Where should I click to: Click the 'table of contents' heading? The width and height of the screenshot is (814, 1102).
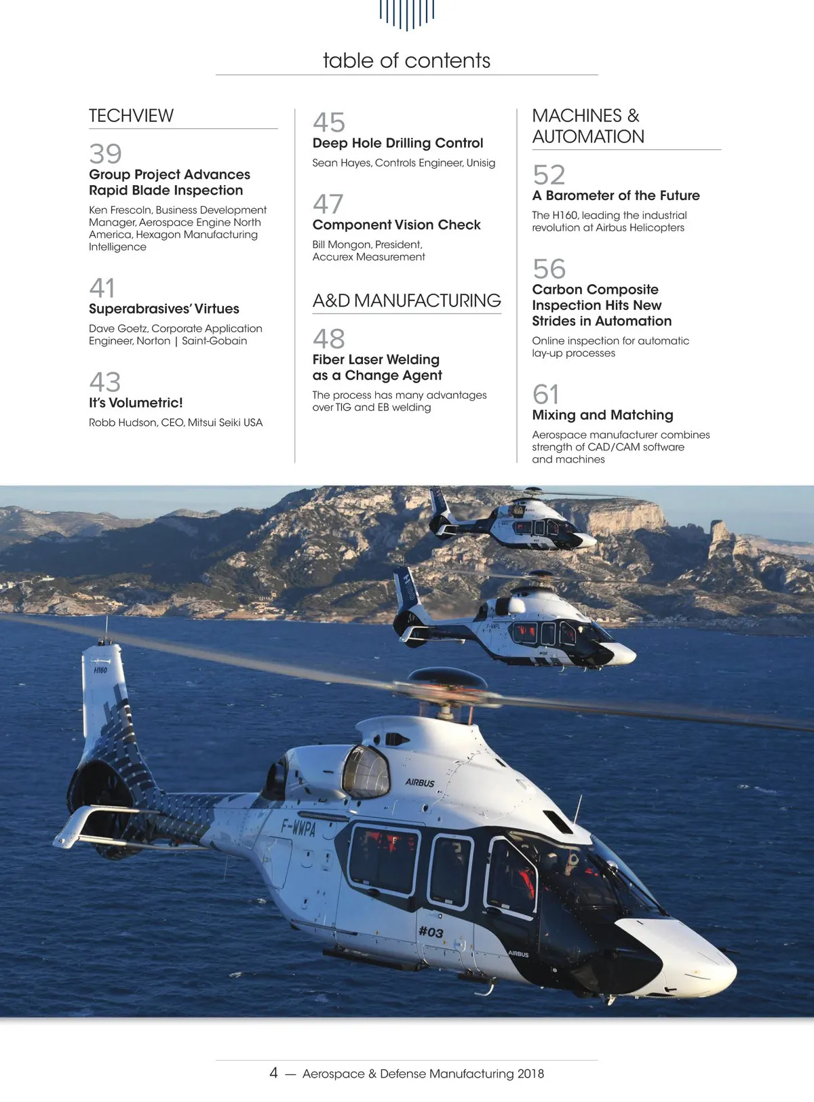[406, 60]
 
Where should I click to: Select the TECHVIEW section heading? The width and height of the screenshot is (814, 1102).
[131, 116]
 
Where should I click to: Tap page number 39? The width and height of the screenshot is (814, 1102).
[105, 154]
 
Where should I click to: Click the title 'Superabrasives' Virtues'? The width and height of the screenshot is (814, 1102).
[163, 309]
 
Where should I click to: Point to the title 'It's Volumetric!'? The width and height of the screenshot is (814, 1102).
[136, 402]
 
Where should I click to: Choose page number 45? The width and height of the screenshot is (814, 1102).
[329, 123]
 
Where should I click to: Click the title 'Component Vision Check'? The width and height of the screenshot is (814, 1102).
[396, 224]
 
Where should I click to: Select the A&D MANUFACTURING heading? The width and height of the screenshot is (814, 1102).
[406, 300]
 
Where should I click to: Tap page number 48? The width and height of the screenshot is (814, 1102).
[329, 338]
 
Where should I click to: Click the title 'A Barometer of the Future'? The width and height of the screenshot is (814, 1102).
[615, 195]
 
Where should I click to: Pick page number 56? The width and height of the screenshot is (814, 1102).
[549, 269]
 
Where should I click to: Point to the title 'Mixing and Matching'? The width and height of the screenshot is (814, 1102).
[602, 414]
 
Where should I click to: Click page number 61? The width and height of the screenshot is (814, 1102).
[546, 394]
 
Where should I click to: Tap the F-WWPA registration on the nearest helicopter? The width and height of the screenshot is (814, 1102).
[298, 827]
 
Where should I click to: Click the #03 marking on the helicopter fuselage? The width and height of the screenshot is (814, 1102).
[431, 932]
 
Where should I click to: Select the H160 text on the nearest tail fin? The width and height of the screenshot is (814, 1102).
[100, 670]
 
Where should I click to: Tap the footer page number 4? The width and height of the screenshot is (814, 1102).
[273, 1073]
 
